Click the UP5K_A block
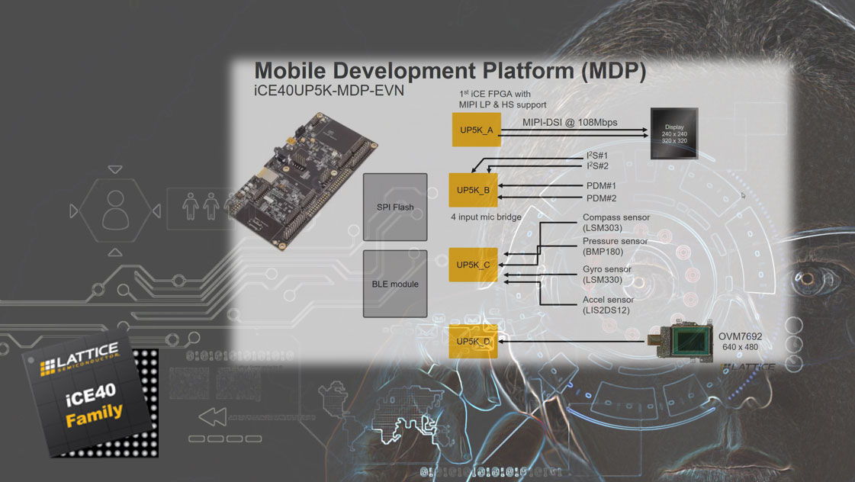(x=476, y=129)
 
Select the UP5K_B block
(x=473, y=190)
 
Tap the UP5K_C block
(x=473, y=265)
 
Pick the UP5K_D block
(x=473, y=342)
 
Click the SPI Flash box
(x=395, y=207)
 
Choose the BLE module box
(x=395, y=284)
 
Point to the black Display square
(x=674, y=133)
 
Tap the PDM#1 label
(x=601, y=186)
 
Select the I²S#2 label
(x=597, y=165)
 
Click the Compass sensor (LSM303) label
(x=616, y=223)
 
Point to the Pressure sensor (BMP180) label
(x=615, y=246)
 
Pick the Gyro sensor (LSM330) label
(x=606, y=275)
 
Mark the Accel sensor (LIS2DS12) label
(x=607, y=305)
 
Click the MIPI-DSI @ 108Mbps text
(x=570, y=123)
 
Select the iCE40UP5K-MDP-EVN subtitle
(x=329, y=91)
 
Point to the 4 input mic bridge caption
(x=486, y=217)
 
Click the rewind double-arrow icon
(x=213, y=417)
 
